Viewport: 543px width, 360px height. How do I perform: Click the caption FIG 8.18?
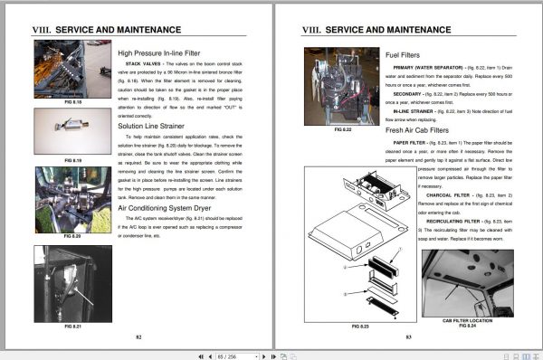click(71, 102)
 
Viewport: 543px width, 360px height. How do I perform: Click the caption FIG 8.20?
click(71, 235)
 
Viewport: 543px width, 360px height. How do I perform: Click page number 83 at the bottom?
click(408, 336)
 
